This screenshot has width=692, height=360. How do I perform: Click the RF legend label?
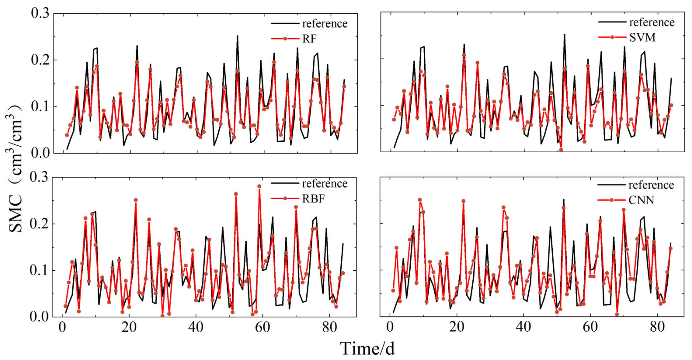[309, 39]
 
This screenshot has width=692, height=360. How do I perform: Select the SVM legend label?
[642, 37]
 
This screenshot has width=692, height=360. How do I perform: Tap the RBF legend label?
[313, 199]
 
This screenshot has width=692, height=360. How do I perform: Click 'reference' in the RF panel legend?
[324, 24]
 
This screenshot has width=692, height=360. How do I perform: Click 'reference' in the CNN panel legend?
[651, 185]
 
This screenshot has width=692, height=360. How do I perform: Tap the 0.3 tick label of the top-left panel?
[40, 13]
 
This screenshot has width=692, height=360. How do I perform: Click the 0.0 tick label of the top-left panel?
[40, 153]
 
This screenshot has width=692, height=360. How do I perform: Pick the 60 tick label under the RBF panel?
[262, 327]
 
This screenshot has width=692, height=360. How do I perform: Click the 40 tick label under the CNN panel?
[523, 327]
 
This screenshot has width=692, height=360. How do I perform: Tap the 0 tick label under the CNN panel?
[390, 327]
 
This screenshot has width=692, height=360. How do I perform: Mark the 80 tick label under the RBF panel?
[329, 327]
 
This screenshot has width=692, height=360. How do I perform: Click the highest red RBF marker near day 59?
[259, 186]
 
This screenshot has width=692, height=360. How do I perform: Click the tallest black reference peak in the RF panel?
[237, 36]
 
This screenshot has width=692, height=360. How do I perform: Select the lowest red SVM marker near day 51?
[561, 150]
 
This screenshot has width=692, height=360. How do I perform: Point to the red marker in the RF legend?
[285, 39]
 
